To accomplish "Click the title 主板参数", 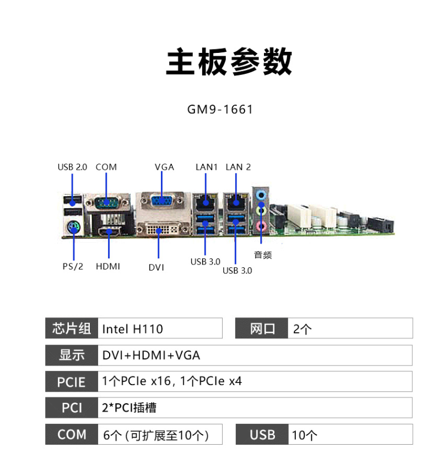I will [229, 62].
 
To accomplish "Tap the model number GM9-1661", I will [220, 109].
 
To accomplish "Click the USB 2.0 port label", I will [72, 167].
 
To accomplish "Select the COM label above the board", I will [106, 167].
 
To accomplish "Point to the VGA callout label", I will [164, 167].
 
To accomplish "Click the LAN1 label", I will [207, 167].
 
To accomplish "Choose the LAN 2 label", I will [238, 167].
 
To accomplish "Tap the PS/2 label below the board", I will [73, 266].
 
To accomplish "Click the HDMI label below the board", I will [108, 266].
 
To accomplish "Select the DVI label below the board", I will [156, 267].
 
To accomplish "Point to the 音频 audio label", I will [263, 255].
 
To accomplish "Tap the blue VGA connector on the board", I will [161, 201].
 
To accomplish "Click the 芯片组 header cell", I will [72, 328].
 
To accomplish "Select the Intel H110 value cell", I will [160, 329].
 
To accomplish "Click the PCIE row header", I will [72, 382].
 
